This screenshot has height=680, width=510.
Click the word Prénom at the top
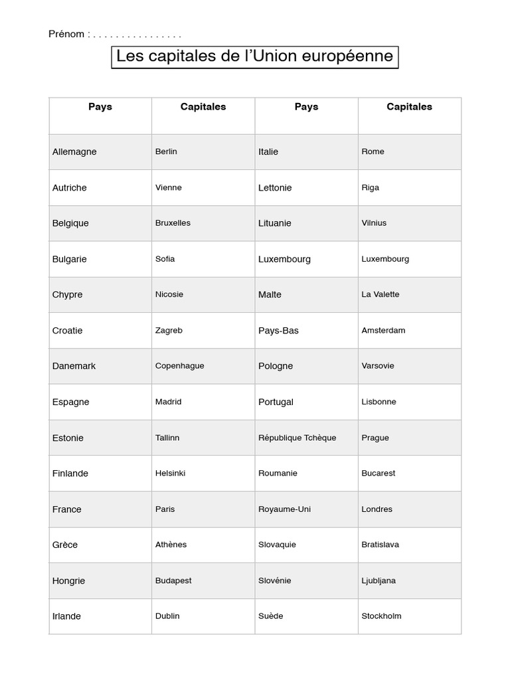[66, 34]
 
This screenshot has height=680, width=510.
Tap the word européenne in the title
[348, 56]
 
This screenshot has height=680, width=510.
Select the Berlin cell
[166, 151]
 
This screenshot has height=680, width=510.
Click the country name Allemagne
[74, 151]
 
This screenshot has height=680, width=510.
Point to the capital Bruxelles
[173, 223]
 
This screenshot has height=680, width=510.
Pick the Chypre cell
[68, 295]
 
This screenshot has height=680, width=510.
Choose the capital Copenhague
[179, 366]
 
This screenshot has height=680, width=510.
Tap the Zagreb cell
[169, 331]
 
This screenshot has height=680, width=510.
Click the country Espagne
[70, 402]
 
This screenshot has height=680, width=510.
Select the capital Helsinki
[170, 473]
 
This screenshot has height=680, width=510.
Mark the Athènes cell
[171, 545]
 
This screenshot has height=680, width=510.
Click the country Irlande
[66, 616]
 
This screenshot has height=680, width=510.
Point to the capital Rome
[373, 151]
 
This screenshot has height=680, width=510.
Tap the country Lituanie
[275, 223]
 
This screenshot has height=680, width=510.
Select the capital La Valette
[381, 295]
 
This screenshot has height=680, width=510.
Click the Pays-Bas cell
[278, 331]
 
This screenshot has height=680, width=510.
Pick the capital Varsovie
[378, 366]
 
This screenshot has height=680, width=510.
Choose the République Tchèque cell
[297, 438]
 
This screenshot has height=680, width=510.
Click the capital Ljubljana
[379, 580]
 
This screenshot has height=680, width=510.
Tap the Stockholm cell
[381, 616]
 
